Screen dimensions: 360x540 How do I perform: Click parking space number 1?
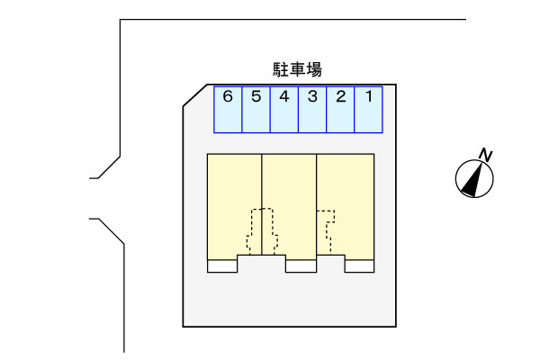[x=368, y=109]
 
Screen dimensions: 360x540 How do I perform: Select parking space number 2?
[x=340, y=109]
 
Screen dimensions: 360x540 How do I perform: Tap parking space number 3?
[x=312, y=109]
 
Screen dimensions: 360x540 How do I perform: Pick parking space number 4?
[x=284, y=109]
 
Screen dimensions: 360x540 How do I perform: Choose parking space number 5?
[x=256, y=109]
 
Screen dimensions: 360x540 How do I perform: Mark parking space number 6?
[x=228, y=109]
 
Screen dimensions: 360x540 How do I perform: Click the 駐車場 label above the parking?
[x=297, y=69]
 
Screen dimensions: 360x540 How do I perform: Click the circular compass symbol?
[x=473, y=177]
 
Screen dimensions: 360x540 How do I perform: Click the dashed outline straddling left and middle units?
[x=261, y=230]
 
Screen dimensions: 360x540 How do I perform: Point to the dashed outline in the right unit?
[x=326, y=230]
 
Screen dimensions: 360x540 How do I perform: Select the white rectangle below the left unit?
[x=221, y=266]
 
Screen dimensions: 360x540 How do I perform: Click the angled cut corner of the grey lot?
[x=197, y=95]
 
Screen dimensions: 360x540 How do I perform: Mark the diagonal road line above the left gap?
[x=109, y=166]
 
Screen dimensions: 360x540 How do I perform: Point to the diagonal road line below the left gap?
[x=111, y=231]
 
